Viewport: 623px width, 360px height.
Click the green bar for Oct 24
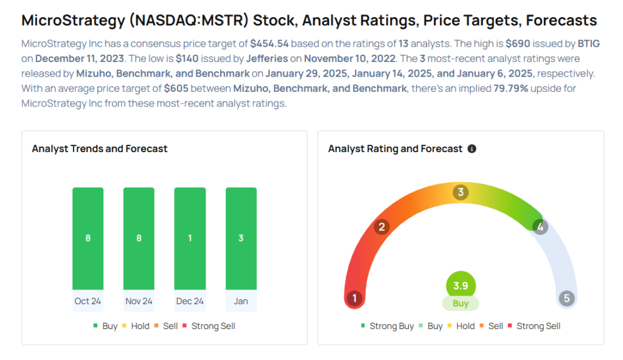[x=88, y=238]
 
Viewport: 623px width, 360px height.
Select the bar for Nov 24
[x=139, y=238]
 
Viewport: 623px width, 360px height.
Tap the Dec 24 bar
[x=190, y=238]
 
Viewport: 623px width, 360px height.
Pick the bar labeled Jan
[x=241, y=238]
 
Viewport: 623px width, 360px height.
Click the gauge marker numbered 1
[x=354, y=299]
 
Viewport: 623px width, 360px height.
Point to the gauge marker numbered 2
[x=382, y=227]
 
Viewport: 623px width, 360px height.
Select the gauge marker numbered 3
[x=461, y=193]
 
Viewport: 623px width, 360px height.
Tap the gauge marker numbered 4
[x=540, y=227]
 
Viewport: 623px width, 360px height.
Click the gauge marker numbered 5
[x=567, y=299]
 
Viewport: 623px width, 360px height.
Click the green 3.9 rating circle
[x=461, y=285]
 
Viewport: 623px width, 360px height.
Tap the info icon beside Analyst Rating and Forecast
[x=472, y=149]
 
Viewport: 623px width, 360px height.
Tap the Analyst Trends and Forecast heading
[x=100, y=149]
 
